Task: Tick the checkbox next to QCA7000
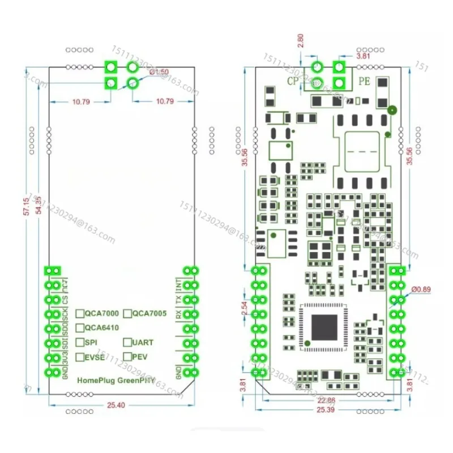[80, 313]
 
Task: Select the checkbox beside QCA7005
[128, 313]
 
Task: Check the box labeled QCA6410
[80, 327]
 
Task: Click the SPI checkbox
[80, 343]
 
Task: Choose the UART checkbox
[128, 343]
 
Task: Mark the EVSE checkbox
[80, 357]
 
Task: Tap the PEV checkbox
[128, 357]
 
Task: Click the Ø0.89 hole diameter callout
[421, 290]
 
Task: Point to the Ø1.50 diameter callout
[158, 72]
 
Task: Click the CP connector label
[293, 82]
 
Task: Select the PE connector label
[365, 82]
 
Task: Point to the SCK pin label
[66, 315]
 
